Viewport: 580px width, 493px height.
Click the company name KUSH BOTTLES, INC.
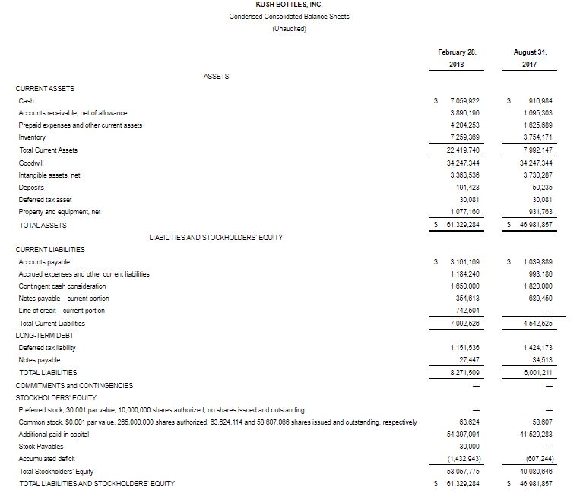289,5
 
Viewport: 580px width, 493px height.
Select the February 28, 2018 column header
457,58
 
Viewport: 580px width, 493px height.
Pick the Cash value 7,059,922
464,101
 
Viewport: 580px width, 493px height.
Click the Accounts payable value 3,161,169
464,261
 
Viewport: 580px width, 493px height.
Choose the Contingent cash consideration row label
59,286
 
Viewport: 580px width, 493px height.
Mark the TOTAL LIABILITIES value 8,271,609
464,373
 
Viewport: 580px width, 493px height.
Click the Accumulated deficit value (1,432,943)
462,459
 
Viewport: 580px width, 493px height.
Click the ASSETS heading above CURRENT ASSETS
216,77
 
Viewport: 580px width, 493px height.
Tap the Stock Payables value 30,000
469,447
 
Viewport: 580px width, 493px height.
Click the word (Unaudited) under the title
289,28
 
